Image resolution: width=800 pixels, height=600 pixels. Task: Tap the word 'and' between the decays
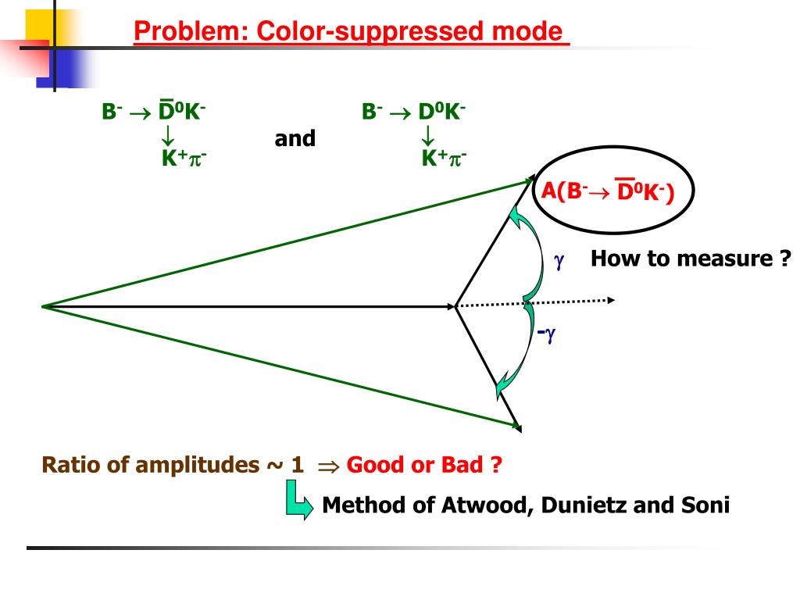coord(295,139)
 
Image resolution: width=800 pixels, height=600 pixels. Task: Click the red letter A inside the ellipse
coord(549,190)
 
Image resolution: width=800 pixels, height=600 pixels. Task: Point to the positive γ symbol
coord(559,261)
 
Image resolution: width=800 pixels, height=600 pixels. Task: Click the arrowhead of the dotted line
coord(611,300)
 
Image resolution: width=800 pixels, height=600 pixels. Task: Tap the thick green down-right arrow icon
coord(295,499)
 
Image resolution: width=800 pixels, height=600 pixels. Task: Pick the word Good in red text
coord(376,466)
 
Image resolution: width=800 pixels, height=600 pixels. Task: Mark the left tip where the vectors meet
coord(43,306)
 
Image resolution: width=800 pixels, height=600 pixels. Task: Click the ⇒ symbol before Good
coord(325,466)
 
